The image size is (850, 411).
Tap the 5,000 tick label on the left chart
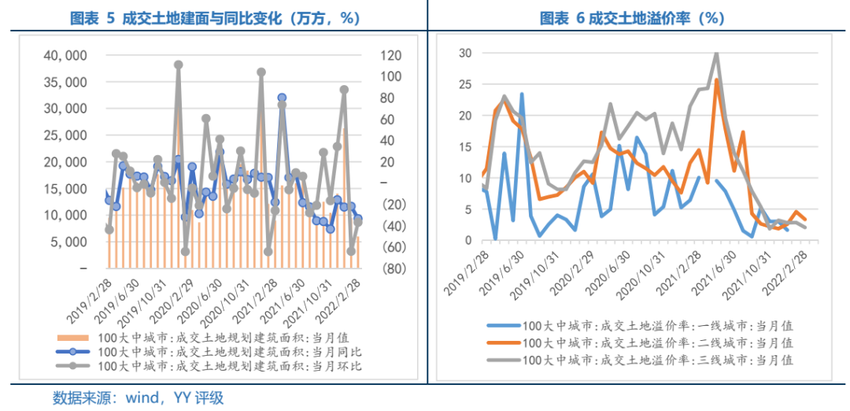[x=70, y=242]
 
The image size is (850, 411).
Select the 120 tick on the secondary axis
[x=371, y=56]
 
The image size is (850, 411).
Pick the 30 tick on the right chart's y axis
[x=465, y=54]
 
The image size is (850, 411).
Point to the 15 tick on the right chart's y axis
[x=465, y=147]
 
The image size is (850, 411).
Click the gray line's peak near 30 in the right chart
[x=716, y=54]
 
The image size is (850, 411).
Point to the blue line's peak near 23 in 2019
[x=522, y=94]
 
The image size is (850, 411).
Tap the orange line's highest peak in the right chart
[x=716, y=80]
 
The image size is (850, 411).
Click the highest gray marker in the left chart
[x=179, y=65]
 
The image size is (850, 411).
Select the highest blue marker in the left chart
[x=282, y=98]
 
